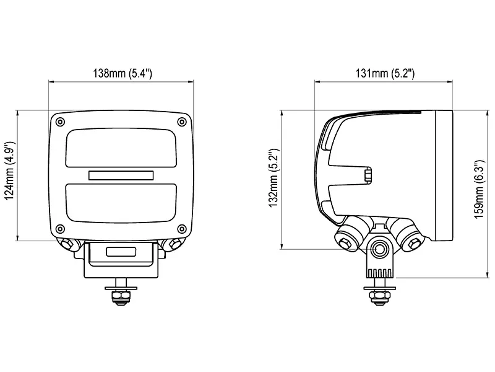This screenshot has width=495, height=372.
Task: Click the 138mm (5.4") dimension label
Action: click(x=122, y=74)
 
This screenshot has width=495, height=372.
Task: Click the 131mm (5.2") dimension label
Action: click(x=385, y=74)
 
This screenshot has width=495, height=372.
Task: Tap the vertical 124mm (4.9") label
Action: click(x=9, y=175)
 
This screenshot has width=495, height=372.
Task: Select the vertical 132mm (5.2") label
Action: click(x=274, y=180)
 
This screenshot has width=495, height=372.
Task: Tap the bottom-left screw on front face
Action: click(x=60, y=227)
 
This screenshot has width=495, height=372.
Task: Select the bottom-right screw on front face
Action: click(x=181, y=227)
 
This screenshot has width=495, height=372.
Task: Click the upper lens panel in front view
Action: click(x=121, y=148)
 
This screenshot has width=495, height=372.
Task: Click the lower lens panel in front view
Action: click(x=121, y=202)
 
